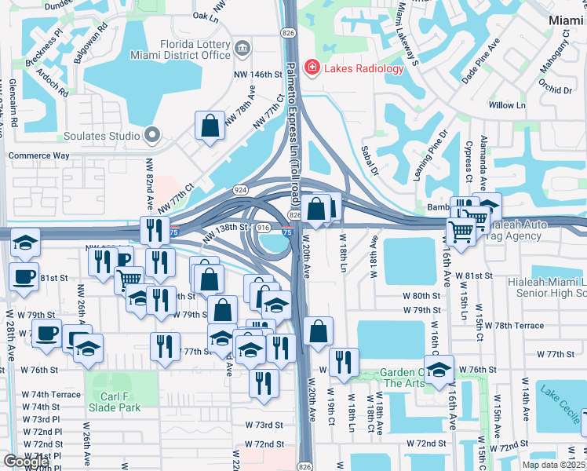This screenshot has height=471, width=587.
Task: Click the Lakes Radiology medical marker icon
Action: click(312, 68)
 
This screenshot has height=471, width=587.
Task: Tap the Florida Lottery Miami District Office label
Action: click(196, 50)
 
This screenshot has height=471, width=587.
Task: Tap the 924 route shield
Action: click(240, 190)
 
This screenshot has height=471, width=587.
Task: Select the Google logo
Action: click(26, 462)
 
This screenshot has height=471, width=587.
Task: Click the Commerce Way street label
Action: click(38, 155)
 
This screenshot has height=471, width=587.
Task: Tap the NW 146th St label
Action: click(257, 75)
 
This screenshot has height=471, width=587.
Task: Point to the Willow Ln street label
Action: click(506, 105)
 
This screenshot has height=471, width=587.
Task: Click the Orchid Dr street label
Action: click(556, 89)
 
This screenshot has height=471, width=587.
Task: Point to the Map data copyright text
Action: click(554, 465)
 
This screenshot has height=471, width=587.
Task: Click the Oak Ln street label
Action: click(205, 16)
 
